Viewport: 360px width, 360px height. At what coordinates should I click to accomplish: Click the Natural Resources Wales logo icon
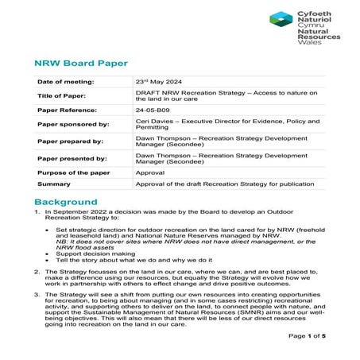tap(281, 20)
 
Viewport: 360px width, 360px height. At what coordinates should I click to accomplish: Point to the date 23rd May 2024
tap(162, 82)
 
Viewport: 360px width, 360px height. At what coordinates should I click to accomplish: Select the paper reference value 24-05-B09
tap(153, 111)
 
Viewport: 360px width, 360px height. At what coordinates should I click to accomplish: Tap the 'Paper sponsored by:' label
tap(72, 126)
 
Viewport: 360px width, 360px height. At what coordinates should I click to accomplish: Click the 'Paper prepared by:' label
tap(71, 141)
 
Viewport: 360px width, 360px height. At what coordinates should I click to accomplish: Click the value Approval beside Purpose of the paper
tap(150, 172)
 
